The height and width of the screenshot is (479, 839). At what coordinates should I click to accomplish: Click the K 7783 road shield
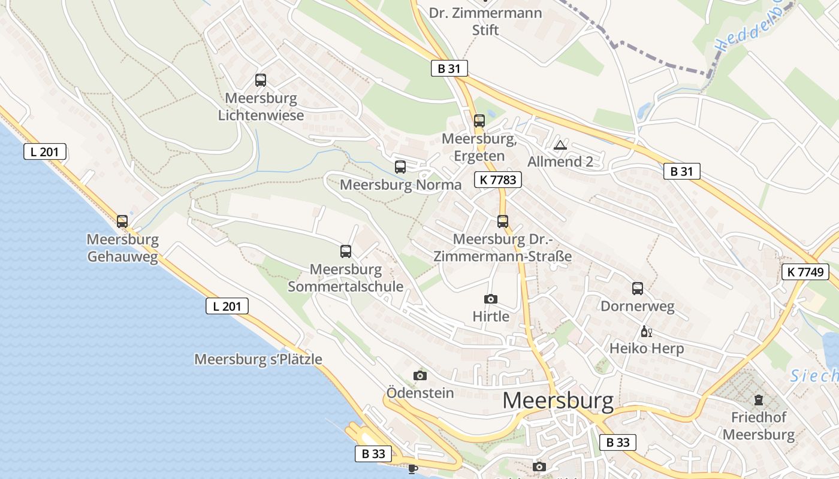pyautogui.click(x=497, y=179)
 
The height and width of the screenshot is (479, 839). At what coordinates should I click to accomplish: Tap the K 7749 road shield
pyautogui.click(x=805, y=271)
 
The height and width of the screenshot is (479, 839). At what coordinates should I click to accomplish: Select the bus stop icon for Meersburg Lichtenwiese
pyautogui.click(x=261, y=80)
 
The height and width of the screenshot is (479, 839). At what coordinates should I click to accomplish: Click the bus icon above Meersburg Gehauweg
pyautogui.click(x=122, y=221)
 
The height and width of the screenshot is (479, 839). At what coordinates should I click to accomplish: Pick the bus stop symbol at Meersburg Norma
pyautogui.click(x=400, y=167)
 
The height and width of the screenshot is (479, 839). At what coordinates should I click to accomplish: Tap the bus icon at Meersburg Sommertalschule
pyautogui.click(x=346, y=251)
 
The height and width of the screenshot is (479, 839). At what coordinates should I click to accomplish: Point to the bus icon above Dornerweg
pyautogui.click(x=638, y=288)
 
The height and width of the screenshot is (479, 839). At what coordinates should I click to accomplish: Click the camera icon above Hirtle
pyautogui.click(x=490, y=299)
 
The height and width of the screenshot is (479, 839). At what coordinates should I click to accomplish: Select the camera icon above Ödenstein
pyautogui.click(x=420, y=375)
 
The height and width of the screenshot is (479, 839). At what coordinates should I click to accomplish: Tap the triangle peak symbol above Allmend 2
pyautogui.click(x=560, y=145)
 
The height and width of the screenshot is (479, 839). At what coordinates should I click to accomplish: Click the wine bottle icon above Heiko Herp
pyautogui.click(x=646, y=331)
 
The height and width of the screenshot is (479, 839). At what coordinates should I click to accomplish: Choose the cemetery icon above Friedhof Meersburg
pyautogui.click(x=759, y=399)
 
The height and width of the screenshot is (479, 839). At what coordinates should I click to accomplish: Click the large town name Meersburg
pyautogui.click(x=558, y=401)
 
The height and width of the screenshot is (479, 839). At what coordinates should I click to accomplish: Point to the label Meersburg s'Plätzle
pyautogui.click(x=258, y=359)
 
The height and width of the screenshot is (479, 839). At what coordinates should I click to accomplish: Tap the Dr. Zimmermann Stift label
pyautogui.click(x=485, y=21)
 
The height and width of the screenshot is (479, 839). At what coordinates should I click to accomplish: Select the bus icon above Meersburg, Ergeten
pyautogui.click(x=479, y=120)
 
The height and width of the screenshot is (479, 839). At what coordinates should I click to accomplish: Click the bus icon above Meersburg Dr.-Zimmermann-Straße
pyautogui.click(x=503, y=221)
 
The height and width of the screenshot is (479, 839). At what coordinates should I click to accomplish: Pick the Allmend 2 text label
pyautogui.click(x=560, y=162)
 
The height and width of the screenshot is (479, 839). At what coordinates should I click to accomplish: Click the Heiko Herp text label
pyautogui.click(x=647, y=348)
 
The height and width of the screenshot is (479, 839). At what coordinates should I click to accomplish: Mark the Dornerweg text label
pyautogui.click(x=638, y=307)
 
